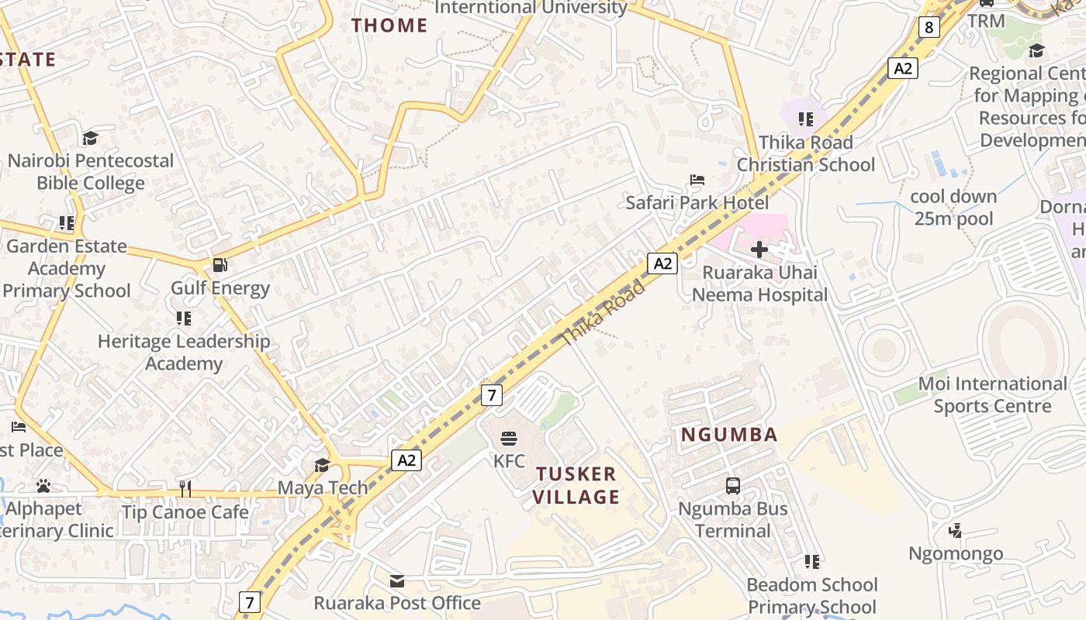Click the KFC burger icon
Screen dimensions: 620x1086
coord(509,439)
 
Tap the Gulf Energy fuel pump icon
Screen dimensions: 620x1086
coord(220,265)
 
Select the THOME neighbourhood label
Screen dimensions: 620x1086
coord(389,26)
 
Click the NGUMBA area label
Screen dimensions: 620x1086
coord(729,435)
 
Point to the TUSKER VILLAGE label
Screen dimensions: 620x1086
coord(576,485)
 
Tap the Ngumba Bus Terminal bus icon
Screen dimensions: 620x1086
coord(733,486)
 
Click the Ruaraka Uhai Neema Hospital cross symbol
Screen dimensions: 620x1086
coord(759,250)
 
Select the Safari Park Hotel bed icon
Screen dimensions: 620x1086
coord(697,180)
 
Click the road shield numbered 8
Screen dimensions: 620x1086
coord(929,28)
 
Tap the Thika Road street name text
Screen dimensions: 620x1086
coord(603,314)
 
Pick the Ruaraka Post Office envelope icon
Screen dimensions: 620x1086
coord(397,580)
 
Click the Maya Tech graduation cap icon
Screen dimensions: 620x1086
coord(322,465)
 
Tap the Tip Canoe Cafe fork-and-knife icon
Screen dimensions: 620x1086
coord(185,488)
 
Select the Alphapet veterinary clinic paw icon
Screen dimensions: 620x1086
coord(43,486)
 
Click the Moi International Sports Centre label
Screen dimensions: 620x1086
coord(992,394)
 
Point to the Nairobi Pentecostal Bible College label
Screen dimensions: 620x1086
coord(91,172)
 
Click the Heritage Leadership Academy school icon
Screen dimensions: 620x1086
coord(184,318)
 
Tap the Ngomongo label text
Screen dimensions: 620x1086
coord(956,553)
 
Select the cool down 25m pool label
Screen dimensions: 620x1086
coord(953,208)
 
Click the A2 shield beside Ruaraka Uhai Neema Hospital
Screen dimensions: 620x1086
coord(662,263)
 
